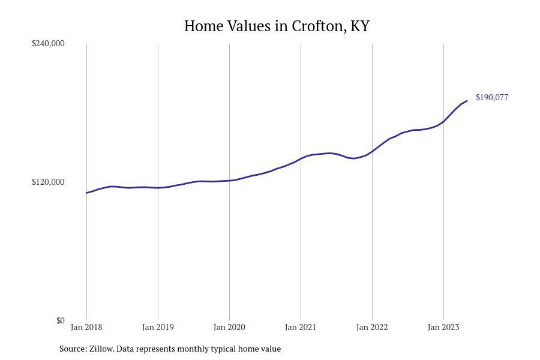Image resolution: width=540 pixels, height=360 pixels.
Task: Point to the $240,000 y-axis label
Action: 48,43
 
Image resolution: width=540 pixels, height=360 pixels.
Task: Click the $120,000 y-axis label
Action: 48,182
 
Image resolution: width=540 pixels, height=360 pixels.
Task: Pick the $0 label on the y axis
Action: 60,320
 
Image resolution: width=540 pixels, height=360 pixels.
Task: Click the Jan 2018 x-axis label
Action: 86,327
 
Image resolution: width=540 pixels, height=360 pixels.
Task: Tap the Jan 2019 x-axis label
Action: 158,327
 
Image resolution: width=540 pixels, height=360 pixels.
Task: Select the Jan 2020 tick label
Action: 229,327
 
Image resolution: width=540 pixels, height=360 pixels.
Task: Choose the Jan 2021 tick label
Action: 301,327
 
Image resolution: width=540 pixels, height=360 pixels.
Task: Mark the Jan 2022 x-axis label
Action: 372,327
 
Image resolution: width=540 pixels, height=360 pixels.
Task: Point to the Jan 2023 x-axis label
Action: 443,327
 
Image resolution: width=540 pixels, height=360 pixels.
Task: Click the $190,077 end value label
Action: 491,97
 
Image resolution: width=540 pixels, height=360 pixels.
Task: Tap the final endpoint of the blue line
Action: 467,101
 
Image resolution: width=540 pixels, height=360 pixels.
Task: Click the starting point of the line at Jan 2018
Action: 86,193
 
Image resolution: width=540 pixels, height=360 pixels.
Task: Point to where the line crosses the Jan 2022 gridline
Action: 372,151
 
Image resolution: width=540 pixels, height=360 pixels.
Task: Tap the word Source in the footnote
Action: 73,349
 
